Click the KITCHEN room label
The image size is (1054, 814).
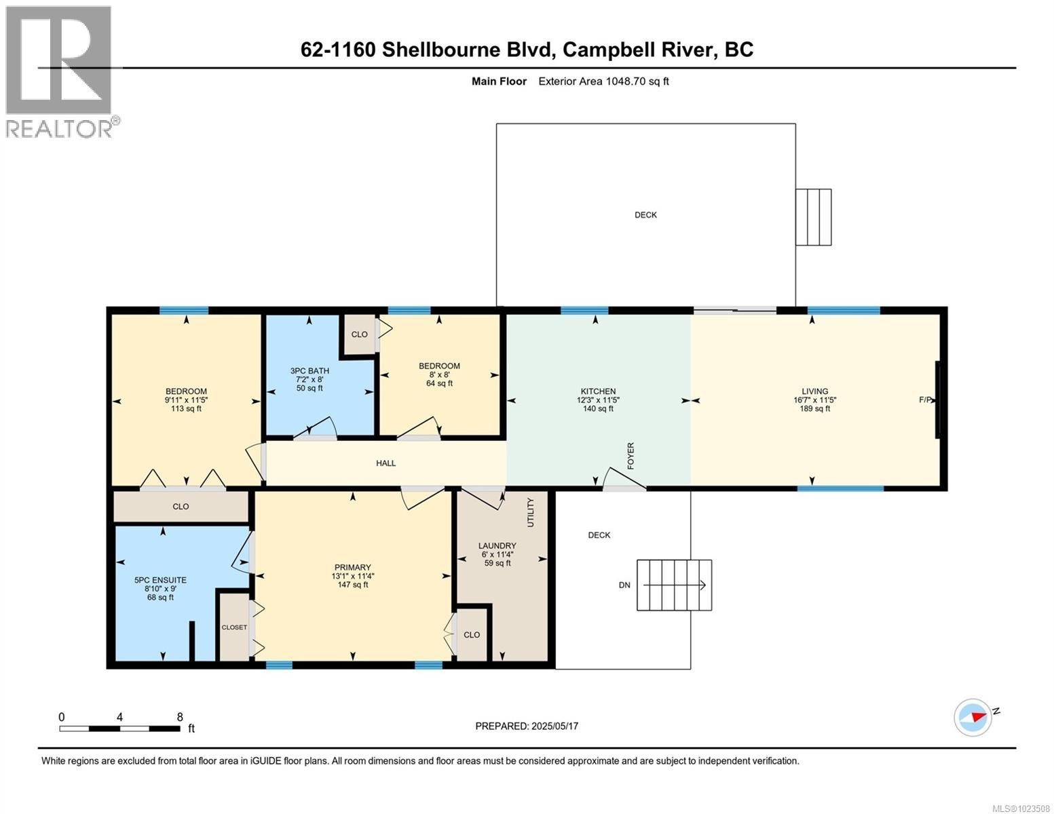click(x=598, y=391)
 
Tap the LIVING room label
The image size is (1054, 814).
click(x=814, y=391)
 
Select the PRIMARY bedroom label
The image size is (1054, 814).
click(x=352, y=568)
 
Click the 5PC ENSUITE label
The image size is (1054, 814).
click(x=160, y=580)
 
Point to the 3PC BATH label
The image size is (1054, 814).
click(x=309, y=371)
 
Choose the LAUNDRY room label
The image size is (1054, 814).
click(x=497, y=545)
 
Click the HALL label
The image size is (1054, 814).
click(x=385, y=463)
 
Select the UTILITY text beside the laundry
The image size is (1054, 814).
click(x=531, y=512)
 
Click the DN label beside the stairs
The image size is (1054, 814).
click(x=624, y=585)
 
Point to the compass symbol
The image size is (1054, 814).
click(x=973, y=717)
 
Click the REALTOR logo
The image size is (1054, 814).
click(x=60, y=71)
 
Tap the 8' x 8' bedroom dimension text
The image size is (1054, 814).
click(x=439, y=374)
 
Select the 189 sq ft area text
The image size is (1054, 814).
click(x=814, y=409)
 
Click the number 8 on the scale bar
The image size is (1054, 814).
click(x=179, y=717)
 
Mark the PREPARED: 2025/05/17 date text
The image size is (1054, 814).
click(x=527, y=726)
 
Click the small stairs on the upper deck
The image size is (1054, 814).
click(x=813, y=217)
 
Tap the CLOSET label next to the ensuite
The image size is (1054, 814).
click(x=234, y=627)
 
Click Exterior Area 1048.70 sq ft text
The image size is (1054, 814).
click(x=603, y=81)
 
